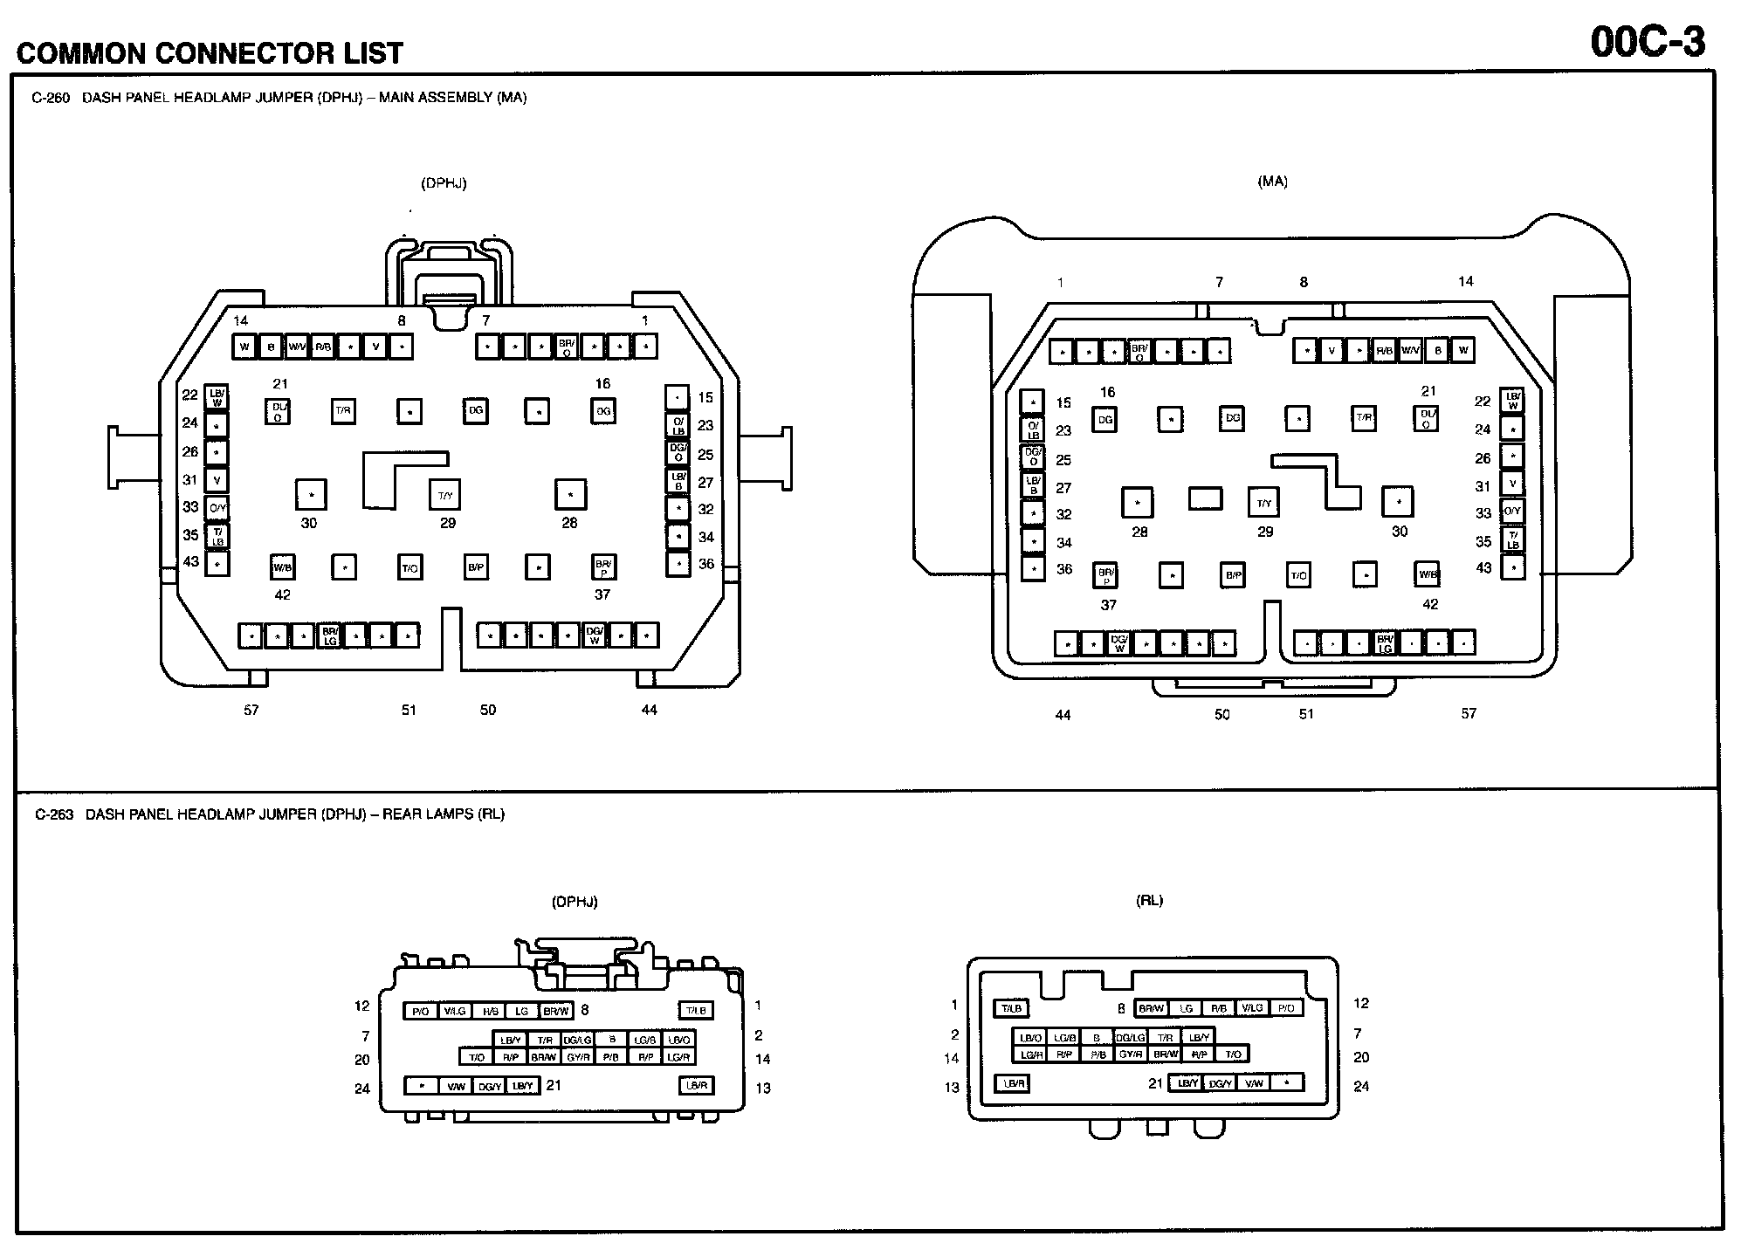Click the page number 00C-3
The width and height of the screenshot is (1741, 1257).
[x=1647, y=41]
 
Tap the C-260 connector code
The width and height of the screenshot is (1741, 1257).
[x=51, y=98]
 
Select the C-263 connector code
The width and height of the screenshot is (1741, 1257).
[x=54, y=814]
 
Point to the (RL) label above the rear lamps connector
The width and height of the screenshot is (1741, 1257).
[x=1149, y=901]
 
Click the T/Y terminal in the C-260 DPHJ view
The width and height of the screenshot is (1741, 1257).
[x=445, y=495]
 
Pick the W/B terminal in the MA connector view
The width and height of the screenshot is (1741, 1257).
[x=1427, y=574]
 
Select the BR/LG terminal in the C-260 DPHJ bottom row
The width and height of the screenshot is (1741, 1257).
[x=329, y=635]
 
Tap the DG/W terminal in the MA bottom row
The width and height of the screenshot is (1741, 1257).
[x=1118, y=643]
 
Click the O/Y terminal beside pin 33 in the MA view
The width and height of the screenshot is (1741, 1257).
[x=1511, y=512]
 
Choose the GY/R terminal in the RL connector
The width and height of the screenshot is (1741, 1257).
[x=1131, y=1054]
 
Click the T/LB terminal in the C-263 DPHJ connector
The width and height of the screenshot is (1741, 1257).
[x=696, y=1011]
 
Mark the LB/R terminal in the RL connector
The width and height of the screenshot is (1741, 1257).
[x=1013, y=1083]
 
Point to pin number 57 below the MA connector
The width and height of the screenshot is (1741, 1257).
[x=1469, y=714]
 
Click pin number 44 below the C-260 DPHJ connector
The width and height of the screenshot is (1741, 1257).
[x=649, y=710]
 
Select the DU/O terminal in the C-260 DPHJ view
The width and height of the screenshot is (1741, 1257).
[x=278, y=411]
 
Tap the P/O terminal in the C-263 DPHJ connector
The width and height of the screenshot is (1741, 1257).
[x=420, y=1011]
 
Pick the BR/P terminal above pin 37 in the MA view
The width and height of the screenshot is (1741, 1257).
[x=1105, y=575]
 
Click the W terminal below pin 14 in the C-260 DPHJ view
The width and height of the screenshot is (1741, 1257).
[x=244, y=347]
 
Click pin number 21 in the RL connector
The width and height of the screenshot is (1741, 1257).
[x=1155, y=1083]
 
